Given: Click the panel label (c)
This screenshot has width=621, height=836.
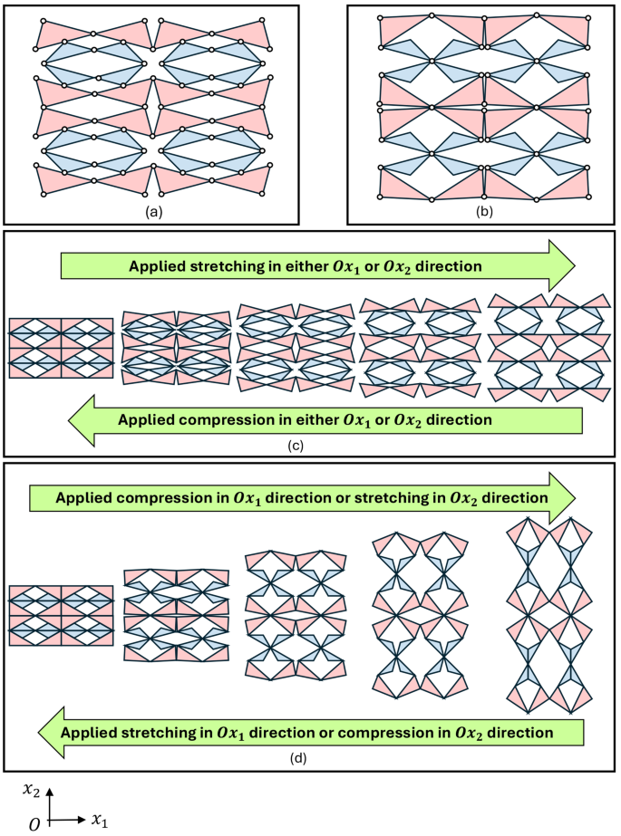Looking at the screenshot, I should click(308, 445).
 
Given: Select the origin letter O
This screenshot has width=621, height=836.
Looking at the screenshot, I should click(34, 822).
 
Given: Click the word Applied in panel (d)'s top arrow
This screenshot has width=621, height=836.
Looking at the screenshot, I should click(86, 498).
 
